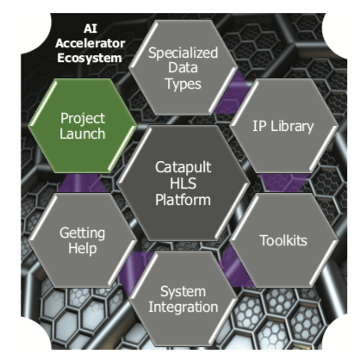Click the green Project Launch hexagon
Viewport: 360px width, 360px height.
[x=83, y=126]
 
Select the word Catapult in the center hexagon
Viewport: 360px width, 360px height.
[x=183, y=167]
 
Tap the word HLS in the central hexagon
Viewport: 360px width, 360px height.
[x=183, y=183]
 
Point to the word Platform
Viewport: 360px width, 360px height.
[x=183, y=200]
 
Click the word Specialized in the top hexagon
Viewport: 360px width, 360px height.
[x=183, y=53]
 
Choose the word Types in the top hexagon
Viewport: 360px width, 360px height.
[x=183, y=84]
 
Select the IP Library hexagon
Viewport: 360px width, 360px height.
[x=283, y=126]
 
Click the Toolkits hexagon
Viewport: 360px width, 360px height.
[x=283, y=240]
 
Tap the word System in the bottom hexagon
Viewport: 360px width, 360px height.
[x=183, y=292]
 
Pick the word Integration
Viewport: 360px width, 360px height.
[x=183, y=307]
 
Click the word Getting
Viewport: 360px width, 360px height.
[x=83, y=233]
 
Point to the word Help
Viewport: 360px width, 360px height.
[x=83, y=248]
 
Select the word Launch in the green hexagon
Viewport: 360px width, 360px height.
[x=83, y=134]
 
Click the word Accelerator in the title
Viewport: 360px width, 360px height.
[x=90, y=43]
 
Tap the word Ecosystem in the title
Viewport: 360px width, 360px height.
[x=90, y=58]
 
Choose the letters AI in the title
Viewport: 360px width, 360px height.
[x=90, y=28]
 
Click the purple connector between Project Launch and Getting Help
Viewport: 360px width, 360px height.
[x=83, y=183]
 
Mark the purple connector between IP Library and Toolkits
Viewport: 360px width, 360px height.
[x=283, y=183]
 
